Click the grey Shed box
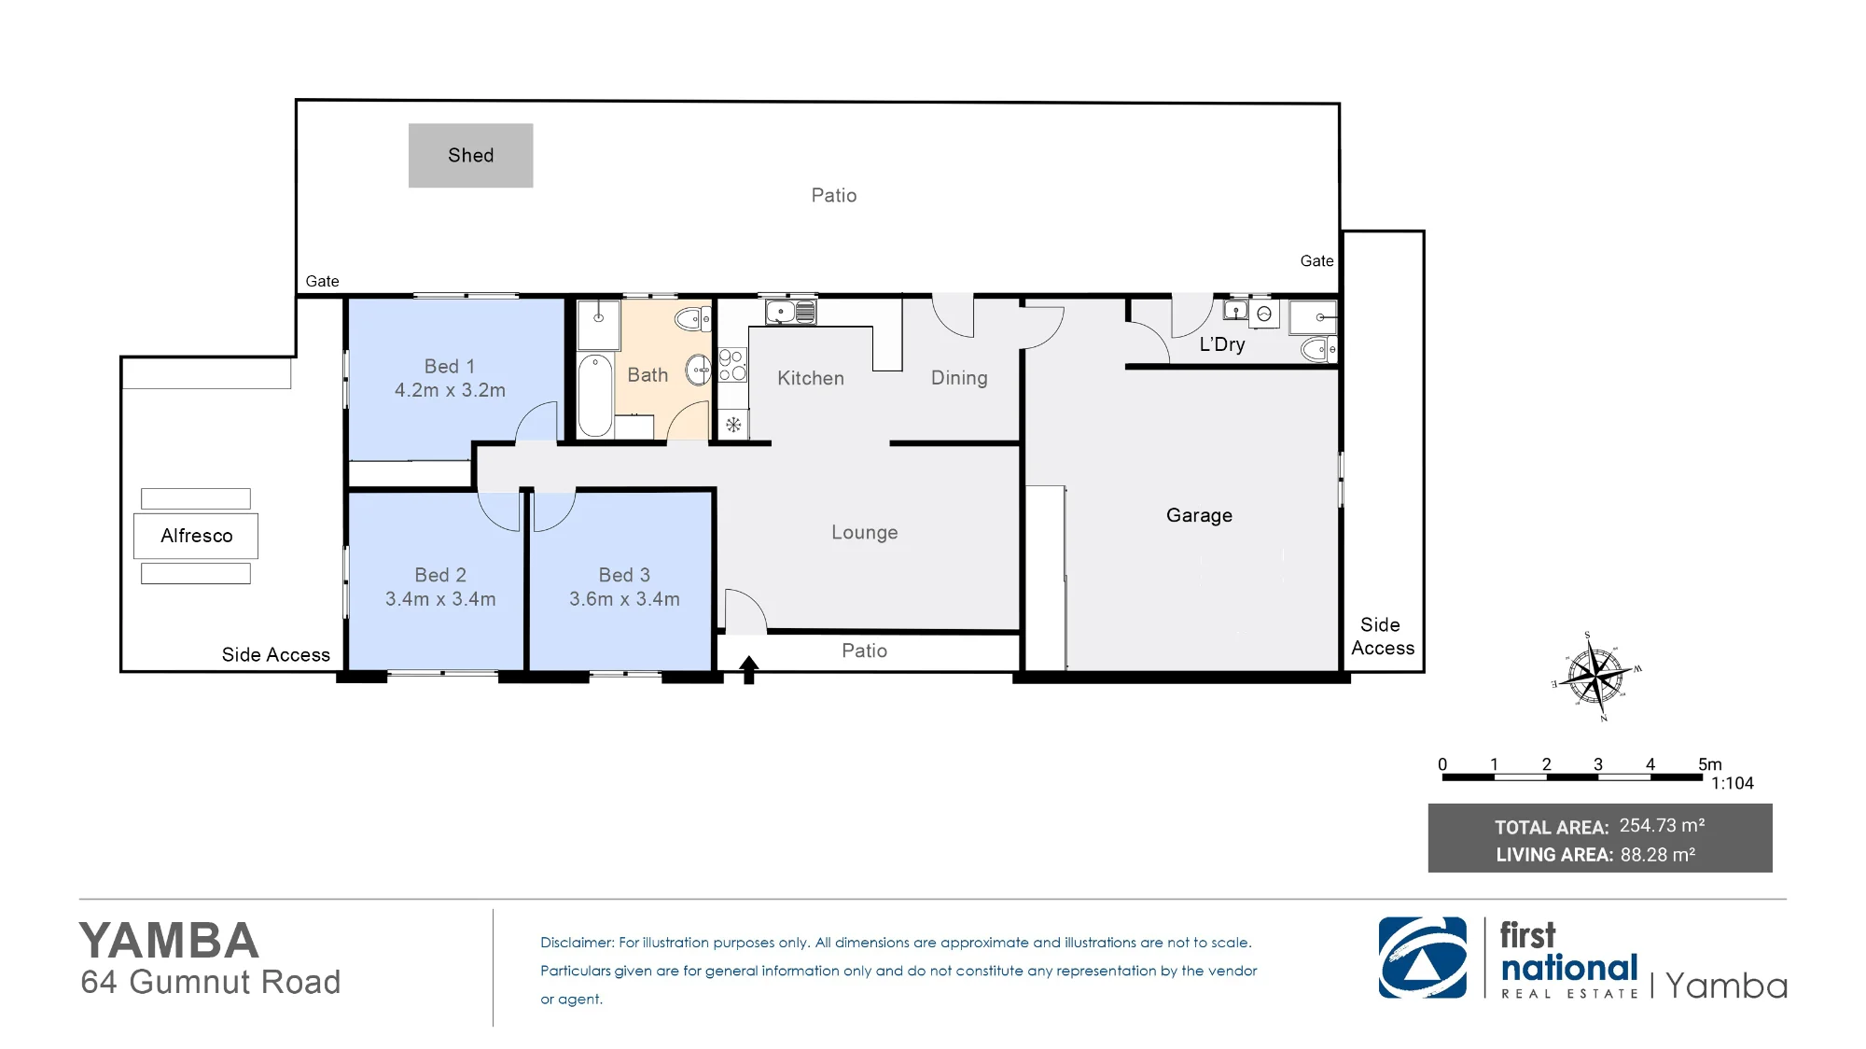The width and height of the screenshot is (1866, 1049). pos(470,155)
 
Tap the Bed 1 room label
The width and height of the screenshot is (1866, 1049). pos(450,366)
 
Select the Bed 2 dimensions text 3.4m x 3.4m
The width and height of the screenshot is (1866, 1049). pos(440,599)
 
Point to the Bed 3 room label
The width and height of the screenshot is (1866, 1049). pos(624,575)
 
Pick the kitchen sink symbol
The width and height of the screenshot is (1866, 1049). pos(790,311)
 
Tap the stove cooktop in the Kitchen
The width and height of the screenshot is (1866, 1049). pos(732,365)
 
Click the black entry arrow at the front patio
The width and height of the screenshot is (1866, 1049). pos(748,669)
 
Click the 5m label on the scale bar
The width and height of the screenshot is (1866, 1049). pos(1710,764)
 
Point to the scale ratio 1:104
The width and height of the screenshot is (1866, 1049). pos(1732,783)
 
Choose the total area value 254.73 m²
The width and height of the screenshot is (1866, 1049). pos(1662,826)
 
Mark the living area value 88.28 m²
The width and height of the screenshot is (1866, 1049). pos(1658,854)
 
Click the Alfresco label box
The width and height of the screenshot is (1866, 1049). pos(196,536)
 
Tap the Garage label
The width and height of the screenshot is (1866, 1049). pos(1199,515)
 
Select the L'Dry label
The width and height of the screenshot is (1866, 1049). pos(1222,344)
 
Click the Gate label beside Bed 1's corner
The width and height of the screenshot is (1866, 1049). pos(323,281)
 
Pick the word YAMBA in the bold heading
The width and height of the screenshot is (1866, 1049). pos(169,941)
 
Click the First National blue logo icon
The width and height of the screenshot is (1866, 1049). pos(1423,958)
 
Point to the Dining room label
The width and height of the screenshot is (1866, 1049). pos(959,378)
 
